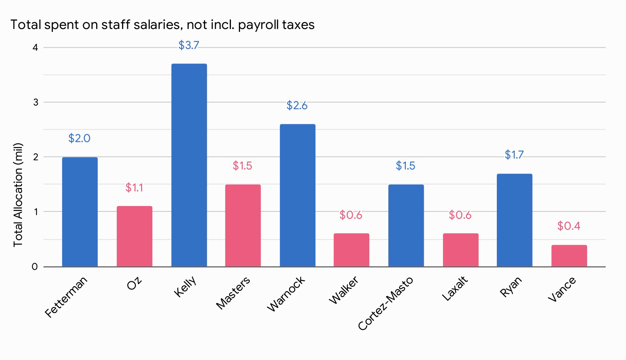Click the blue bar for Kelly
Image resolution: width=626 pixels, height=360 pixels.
pos(189,165)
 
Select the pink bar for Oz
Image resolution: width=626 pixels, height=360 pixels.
pos(134,236)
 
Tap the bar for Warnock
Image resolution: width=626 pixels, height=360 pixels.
pos(297,195)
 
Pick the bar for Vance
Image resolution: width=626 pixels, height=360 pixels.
pos(569,255)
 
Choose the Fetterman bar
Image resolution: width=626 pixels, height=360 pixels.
pos(80,212)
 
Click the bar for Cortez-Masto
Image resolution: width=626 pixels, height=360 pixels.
pos(406,225)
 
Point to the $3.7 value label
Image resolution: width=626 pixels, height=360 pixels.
pos(188,45)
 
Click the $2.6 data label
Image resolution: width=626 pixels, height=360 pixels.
pos(297,106)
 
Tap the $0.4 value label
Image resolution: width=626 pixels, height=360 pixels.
pos(568,226)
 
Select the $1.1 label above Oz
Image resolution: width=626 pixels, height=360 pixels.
pos(134,188)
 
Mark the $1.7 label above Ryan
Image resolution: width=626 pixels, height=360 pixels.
pos(514,155)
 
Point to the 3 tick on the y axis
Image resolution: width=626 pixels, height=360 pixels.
pos(36,102)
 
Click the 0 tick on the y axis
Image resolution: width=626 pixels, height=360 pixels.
pos(35,267)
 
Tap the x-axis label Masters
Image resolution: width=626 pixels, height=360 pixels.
pos(233,292)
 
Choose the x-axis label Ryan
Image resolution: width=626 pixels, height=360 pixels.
pos(511,287)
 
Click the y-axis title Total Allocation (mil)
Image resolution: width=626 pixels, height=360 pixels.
pos(18,195)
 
